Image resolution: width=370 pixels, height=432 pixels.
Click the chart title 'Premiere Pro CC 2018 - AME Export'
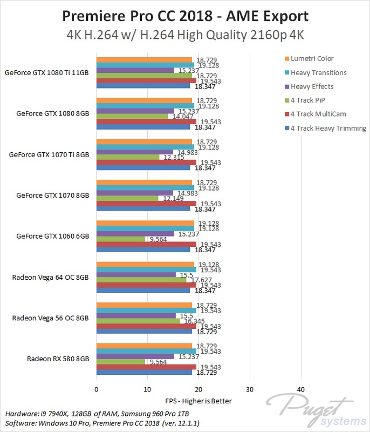(x=185, y=14)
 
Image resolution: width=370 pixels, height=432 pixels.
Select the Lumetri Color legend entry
(x=312, y=58)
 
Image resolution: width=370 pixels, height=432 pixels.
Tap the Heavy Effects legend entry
(x=312, y=86)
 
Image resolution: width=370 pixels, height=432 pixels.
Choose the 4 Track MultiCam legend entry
(x=318, y=114)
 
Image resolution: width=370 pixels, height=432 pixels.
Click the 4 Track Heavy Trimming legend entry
(x=328, y=128)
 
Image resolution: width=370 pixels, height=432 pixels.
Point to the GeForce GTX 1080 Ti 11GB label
(x=47, y=72)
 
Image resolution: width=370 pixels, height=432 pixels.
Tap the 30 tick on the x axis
(x=250, y=389)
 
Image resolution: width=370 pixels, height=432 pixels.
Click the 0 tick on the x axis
(x=97, y=389)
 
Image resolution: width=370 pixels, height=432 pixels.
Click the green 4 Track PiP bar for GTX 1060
(x=121, y=239)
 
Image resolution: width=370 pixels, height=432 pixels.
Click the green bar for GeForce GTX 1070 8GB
(x=127, y=198)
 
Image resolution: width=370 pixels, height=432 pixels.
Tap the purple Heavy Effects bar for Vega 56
(x=136, y=315)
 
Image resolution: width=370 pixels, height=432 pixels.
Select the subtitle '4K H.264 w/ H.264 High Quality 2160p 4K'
(x=185, y=36)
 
